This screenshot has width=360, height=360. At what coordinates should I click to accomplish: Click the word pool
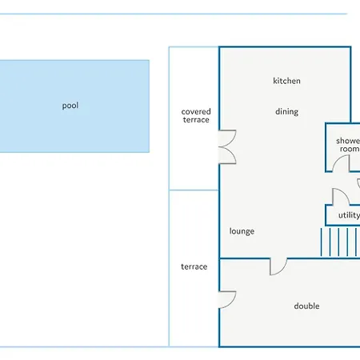[70, 106]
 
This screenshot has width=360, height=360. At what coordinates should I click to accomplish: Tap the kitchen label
[286, 81]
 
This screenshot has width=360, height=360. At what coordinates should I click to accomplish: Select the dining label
[286, 111]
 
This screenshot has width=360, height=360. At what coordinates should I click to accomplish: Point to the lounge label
[242, 231]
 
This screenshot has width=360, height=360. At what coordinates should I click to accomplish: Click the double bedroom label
[306, 306]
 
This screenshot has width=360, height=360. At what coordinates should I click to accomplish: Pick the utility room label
[349, 215]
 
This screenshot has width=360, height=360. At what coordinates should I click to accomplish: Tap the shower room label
[348, 145]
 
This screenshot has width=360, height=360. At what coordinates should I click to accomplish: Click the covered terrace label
[196, 115]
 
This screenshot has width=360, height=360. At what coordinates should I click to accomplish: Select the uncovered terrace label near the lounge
[194, 266]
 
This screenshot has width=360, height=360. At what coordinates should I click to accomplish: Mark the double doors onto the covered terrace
[227, 146]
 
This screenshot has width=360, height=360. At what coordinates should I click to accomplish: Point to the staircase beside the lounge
[340, 242]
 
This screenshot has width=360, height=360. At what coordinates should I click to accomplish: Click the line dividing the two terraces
[194, 190]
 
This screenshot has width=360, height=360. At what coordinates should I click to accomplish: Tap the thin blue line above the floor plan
[174, 14]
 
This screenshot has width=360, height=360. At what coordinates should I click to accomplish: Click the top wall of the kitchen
[285, 47]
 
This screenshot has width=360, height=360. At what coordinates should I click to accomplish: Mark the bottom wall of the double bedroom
[290, 346]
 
